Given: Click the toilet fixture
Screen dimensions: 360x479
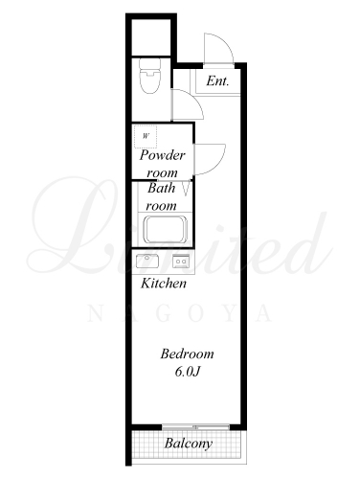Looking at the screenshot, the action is [x=149, y=77].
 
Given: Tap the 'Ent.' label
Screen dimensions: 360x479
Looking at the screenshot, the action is [x=217, y=80].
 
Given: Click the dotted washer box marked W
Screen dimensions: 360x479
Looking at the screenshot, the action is [x=146, y=136].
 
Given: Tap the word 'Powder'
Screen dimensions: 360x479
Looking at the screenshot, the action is [x=163, y=155].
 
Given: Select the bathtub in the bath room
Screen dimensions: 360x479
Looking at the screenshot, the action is [x=165, y=230].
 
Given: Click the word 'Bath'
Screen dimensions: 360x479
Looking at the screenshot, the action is [x=162, y=188].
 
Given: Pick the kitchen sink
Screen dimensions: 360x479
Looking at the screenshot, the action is [x=147, y=261].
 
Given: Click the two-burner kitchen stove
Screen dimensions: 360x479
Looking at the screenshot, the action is [x=181, y=262].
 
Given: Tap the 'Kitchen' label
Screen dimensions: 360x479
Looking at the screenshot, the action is [x=164, y=284].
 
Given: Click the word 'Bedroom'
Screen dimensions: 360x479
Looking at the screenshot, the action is [x=187, y=354].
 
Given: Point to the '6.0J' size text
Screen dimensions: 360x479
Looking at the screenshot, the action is [x=188, y=372].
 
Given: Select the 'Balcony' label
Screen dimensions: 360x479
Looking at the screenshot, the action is [x=189, y=444].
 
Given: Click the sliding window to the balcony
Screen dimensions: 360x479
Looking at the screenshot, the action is [x=195, y=427].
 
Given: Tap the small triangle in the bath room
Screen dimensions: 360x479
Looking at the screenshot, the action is [x=186, y=189].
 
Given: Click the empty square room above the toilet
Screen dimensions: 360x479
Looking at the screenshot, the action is [x=151, y=37].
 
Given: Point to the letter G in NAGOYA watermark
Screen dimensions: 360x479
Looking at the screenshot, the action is [x=161, y=313].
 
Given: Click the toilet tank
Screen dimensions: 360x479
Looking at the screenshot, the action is [x=149, y=63].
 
